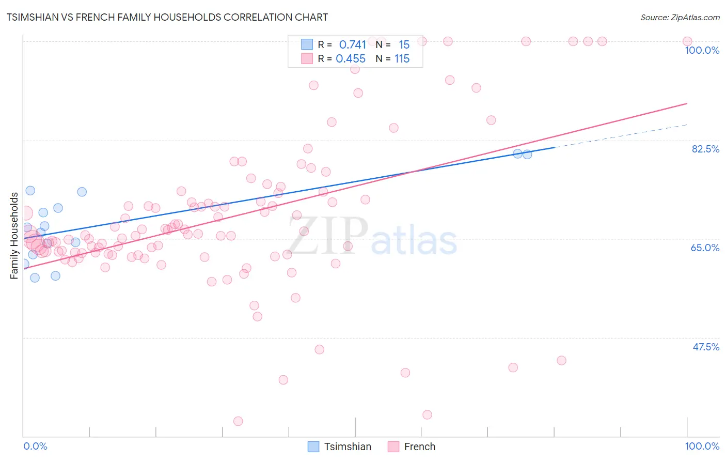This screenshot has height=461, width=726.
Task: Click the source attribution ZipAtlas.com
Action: [x=680, y=17]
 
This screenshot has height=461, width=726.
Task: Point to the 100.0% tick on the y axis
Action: [x=702, y=50]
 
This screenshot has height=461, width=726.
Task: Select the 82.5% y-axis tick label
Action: [x=705, y=149]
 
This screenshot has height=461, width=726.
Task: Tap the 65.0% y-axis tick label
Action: [x=705, y=248]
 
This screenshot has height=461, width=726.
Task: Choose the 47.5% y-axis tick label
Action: [x=705, y=347]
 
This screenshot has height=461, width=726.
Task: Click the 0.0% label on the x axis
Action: [x=35, y=446]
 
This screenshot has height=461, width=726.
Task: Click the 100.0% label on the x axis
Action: [x=702, y=446]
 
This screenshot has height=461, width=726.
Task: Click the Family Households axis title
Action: [x=14, y=236]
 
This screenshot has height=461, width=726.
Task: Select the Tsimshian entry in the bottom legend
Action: [x=347, y=447]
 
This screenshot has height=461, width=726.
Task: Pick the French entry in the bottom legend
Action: [x=419, y=447]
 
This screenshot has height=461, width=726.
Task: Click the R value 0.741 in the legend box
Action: [x=352, y=45]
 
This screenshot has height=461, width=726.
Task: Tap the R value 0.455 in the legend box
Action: [x=351, y=59]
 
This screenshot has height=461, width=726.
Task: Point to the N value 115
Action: [x=402, y=59]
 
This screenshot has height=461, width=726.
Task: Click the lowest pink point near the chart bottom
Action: [x=238, y=421]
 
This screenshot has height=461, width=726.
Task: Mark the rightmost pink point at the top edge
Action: [x=687, y=41]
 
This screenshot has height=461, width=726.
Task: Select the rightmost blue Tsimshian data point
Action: [x=527, y=154]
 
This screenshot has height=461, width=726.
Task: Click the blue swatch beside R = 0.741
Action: [x=307, y=44]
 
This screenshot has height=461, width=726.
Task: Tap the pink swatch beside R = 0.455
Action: [x=307, y=58]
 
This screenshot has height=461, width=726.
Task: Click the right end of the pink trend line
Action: [x=687, y=103]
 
